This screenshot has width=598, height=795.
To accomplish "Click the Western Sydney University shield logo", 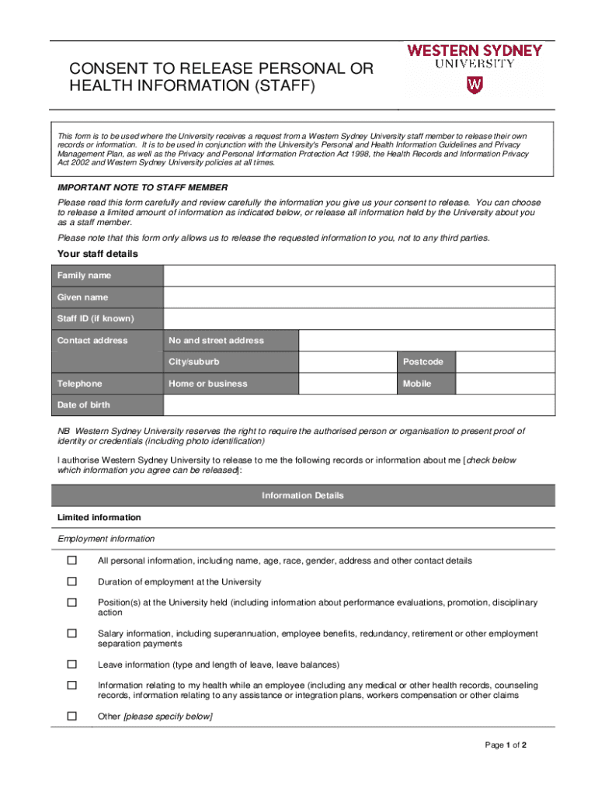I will (x=473, y=85).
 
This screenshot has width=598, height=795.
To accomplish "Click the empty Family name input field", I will (x=359, y=276).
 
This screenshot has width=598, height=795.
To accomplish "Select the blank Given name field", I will (x=359, y=297).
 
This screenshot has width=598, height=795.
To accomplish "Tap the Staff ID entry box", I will (x=359, y=319).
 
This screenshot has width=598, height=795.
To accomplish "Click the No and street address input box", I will (x=426, y=340).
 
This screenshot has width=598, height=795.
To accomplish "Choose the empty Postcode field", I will (x=505, y=362).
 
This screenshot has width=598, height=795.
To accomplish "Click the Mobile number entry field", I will (x=505, y=384).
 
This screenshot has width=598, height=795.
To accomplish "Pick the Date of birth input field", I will (x=359, y=405).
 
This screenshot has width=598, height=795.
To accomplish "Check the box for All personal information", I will (x=72, y=561).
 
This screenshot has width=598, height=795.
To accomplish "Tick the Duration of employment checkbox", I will (x=72, y=581).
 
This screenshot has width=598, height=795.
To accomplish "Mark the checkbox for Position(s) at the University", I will (x=72, y=602).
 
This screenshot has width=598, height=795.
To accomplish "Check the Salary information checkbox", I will (x=72, y=634).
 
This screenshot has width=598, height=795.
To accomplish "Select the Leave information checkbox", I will (x=72, y=665).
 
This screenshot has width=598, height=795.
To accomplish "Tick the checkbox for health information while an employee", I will (x=72, y=686).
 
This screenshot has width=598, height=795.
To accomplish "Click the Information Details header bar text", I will (x=303, y=495).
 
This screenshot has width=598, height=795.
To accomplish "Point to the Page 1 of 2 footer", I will (x=506, y=745).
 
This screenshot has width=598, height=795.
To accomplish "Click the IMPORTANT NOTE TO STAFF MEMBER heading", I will (x=143, y=188).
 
